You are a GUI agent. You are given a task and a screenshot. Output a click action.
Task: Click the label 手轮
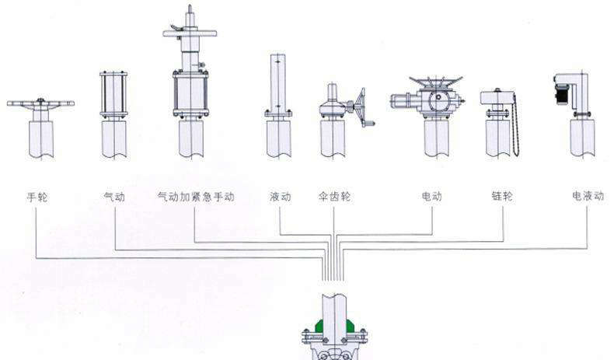[x=37, y=197]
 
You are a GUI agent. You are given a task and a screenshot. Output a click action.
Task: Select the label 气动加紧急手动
[x=195, y=197]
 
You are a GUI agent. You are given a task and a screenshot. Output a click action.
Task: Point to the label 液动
[x=280, y=197]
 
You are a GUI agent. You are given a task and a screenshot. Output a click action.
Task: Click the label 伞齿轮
[x=334, y=197]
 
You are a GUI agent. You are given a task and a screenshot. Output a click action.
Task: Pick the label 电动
[x=431, y=197]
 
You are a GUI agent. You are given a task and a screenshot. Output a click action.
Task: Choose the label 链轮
[x=502, y=197]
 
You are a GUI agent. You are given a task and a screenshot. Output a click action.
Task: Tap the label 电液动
[x=588, y=197]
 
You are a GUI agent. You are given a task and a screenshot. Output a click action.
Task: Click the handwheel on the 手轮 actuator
[x=40, y=103]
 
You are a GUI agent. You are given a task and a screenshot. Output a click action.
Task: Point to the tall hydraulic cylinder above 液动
[x=278, y=83]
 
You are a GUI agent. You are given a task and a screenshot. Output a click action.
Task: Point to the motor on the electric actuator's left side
[x=403, y=99]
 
